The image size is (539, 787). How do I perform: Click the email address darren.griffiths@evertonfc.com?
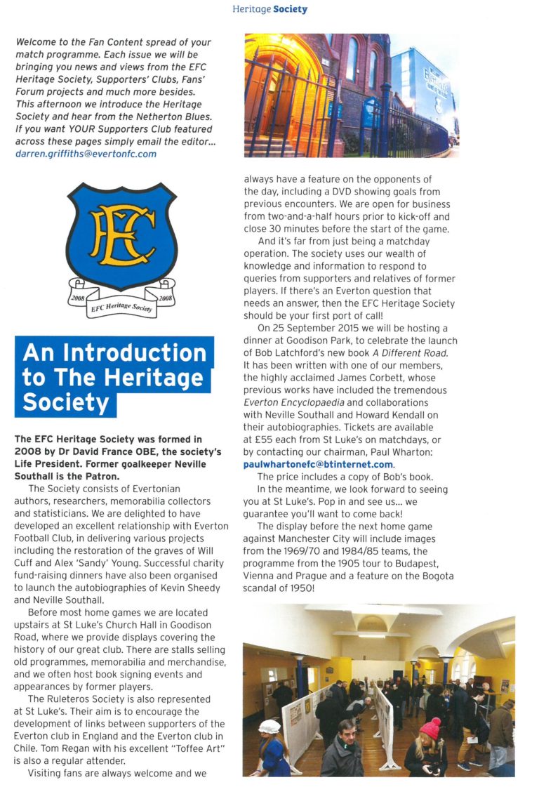(x=86, y=154)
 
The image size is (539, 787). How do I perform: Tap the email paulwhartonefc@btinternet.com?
(x=319, y=464)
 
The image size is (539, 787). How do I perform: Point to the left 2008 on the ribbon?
(x=77, y=297)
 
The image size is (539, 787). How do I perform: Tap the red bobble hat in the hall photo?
(x=430, y=729)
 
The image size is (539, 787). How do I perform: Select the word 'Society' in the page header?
(x=291, y=9)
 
